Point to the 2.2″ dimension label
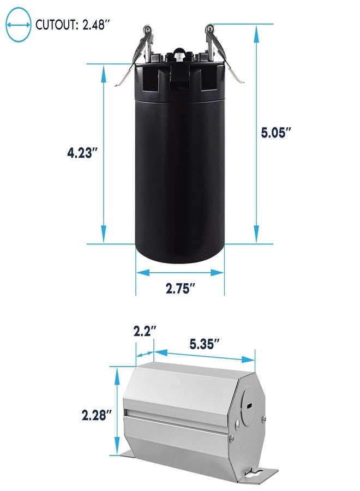pyautogui.click(x=145, y=331)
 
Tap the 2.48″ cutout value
pyautogui.click(x=97, y=25)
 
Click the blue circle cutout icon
pyautogui.click(x=19, y=25)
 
